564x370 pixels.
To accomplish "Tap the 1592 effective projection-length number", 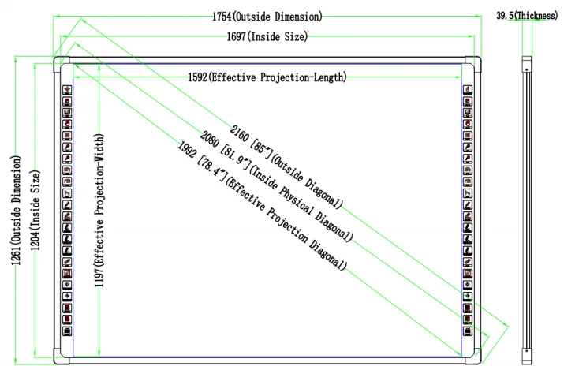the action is click(x=198, y=77).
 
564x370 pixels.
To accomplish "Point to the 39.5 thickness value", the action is click(x=506, y=16).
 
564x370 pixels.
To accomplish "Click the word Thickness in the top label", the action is click(x=538, y=16).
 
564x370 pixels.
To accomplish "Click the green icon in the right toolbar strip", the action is click(x=467, y=297).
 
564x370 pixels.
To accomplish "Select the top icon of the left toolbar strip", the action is click(x=67, y=89).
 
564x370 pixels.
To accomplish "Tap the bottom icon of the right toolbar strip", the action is click(x=467, y=332).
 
